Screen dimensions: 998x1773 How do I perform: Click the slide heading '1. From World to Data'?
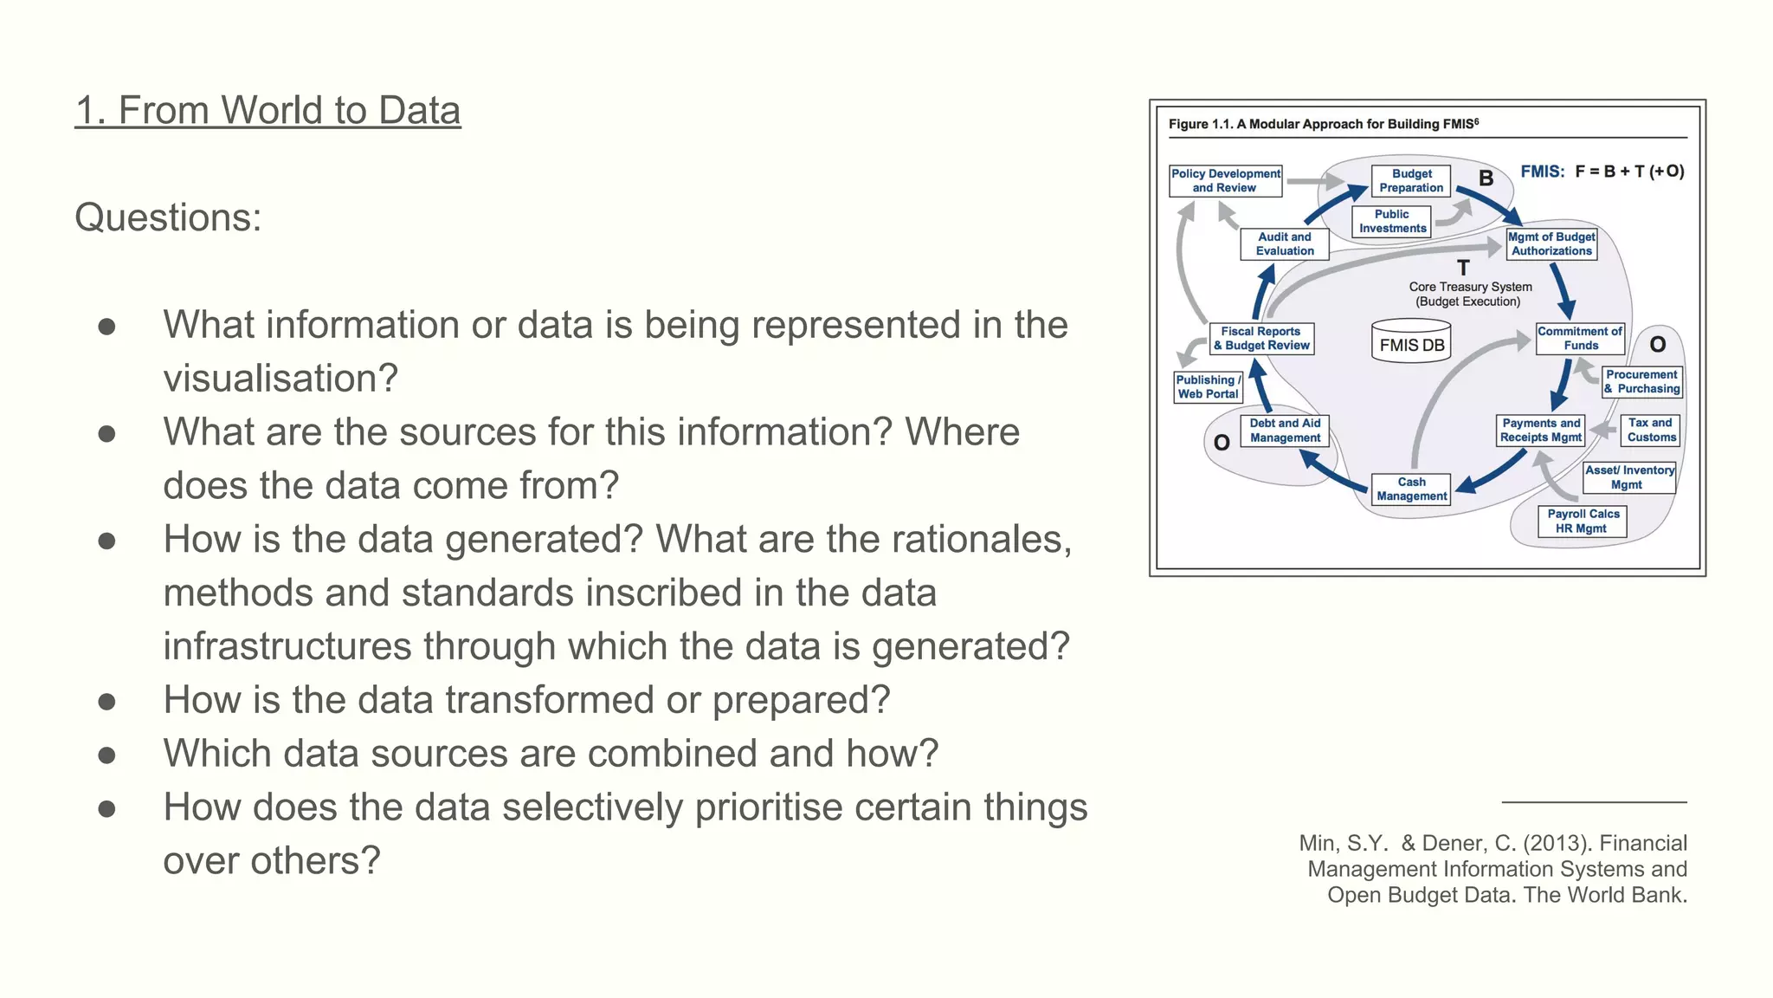click(x=268, y=111)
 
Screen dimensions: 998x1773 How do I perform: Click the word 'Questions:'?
click(x=168, y=217)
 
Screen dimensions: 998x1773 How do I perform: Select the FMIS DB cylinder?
click(x=1411, y=341)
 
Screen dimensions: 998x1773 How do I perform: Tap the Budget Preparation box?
click(x=1411, y=181)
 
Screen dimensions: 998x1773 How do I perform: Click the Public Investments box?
click(x=1392, y=222)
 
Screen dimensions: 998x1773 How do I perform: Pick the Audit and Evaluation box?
click(x=1285, y=244)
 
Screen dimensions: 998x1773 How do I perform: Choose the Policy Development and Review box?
click(x=1225, y=181)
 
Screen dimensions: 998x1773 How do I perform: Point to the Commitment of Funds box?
click(x=1580, y=339)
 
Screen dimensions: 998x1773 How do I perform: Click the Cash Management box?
click(x=1411, y=489)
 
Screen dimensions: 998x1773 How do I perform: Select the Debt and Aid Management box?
click(x=1285, y=431)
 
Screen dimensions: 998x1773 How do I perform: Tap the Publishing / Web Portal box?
click(x=1209, y=387)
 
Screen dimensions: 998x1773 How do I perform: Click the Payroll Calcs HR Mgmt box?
click(x=1582, y=522)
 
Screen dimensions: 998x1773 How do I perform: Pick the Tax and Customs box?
click(x=1650, y=431)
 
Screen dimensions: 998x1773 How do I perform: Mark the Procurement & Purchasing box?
click(x=1641, y=382)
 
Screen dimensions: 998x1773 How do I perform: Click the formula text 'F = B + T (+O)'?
click(x=1629, y=172)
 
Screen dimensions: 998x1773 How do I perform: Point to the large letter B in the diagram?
click(x=1486, y=178)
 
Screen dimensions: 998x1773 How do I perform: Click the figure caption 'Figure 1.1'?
click(x=1200, y=125)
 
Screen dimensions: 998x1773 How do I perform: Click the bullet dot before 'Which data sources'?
click(x=107, y=755)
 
